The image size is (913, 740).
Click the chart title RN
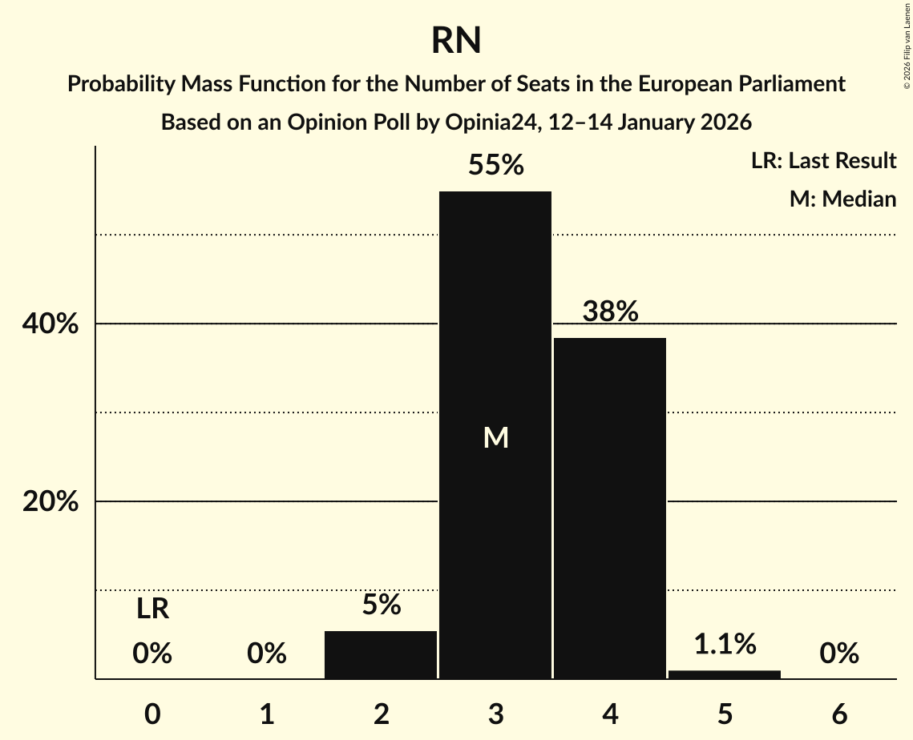(456, 41)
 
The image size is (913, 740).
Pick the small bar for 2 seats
(381, 654)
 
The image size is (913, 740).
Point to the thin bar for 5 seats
(725, 674)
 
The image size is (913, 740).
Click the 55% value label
(495, 166)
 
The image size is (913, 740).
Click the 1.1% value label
(725, 644)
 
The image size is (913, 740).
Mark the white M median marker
(495, 437)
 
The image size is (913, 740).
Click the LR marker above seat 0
(152, 609)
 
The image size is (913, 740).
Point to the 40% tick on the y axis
(50, 324)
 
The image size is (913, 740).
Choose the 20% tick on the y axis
(50, 502)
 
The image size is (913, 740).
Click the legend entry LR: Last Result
(823, 161)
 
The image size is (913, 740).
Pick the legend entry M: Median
(842, 199)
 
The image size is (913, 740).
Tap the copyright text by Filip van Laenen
(907, 43)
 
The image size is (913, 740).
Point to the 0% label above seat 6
(839, 654)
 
